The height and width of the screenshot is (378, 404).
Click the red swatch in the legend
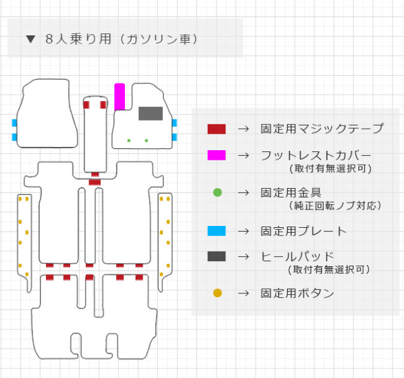pos(216,129)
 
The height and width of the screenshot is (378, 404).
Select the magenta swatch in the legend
pos(216,155)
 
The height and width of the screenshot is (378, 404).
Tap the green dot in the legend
pos(217,192)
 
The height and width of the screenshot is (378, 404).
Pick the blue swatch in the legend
pos(216,231)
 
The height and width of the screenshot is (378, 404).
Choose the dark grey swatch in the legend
pos(216,256)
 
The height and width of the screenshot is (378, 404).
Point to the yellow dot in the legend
pos(217,293)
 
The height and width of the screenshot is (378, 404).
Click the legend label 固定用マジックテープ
pos(322,129)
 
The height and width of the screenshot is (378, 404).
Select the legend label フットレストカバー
pos(316,155)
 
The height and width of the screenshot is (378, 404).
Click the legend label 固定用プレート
pos(303,231)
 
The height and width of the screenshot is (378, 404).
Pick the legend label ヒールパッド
pos(297,256)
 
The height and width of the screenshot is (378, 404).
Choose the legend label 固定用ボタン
pos(297,293)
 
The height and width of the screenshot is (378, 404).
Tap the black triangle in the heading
pos(30,39)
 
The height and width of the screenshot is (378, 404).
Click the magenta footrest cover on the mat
pos(119,97)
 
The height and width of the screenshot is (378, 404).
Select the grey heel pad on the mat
pos(150,114)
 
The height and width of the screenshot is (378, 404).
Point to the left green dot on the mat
pos(129,140)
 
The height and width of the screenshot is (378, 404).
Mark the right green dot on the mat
pos(146,140)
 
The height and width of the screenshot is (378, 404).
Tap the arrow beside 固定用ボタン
pos(243,293)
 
